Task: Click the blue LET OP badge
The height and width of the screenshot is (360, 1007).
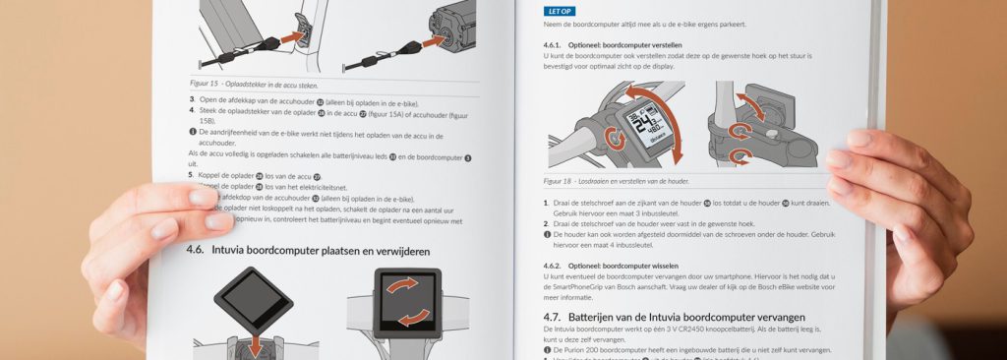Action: (559, 11)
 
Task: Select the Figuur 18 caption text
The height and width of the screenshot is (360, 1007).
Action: (617, 181)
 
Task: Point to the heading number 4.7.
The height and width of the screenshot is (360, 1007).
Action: (557, 317)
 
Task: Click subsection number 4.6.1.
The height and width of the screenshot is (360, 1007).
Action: (557, 45)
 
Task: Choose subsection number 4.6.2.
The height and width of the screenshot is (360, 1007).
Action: (558, 265)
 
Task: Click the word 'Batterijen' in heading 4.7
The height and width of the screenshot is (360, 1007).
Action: (604, 317)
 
